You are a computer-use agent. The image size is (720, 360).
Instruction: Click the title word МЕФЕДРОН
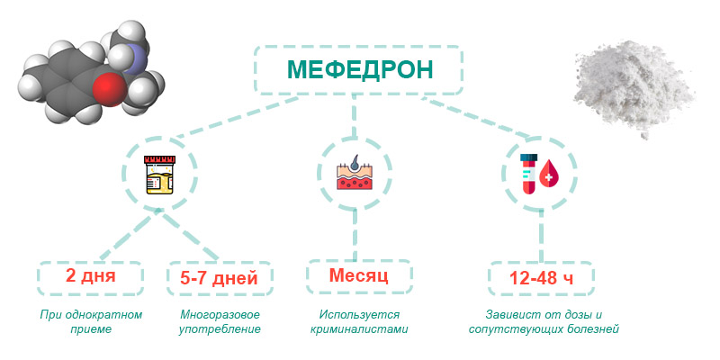[x=360, y=70]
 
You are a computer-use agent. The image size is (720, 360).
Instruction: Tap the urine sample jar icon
[x=159, y=175]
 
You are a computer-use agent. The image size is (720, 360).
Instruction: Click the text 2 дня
[x=91, y=276]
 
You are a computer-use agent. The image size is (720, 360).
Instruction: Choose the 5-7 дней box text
[x=220, y=278]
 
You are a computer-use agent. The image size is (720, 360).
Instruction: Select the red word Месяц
[x=358, y=275]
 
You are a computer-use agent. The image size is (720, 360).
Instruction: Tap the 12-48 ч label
[x=541, y=278]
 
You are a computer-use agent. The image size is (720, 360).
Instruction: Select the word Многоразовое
[x=220, y=315]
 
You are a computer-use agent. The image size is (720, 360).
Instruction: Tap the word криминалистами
[x=359, y=329]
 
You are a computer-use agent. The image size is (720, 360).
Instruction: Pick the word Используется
[x=359, y=315]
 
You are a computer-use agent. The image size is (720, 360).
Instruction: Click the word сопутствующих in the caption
[x=517, y=329]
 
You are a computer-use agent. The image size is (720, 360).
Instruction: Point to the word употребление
[x=220, y=329]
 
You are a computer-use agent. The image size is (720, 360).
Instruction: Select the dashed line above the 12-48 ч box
[x=542, y=236]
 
